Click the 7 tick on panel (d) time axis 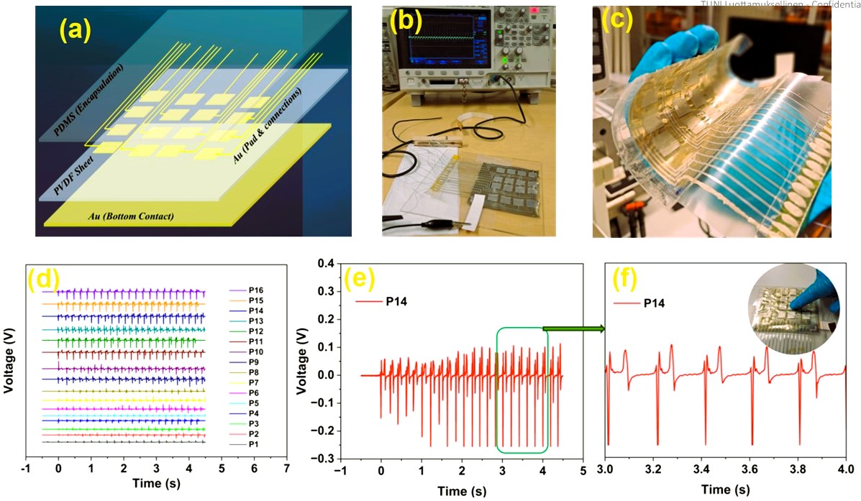click(x=287, y=468)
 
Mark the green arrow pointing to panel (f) click(x=573, y=329)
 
